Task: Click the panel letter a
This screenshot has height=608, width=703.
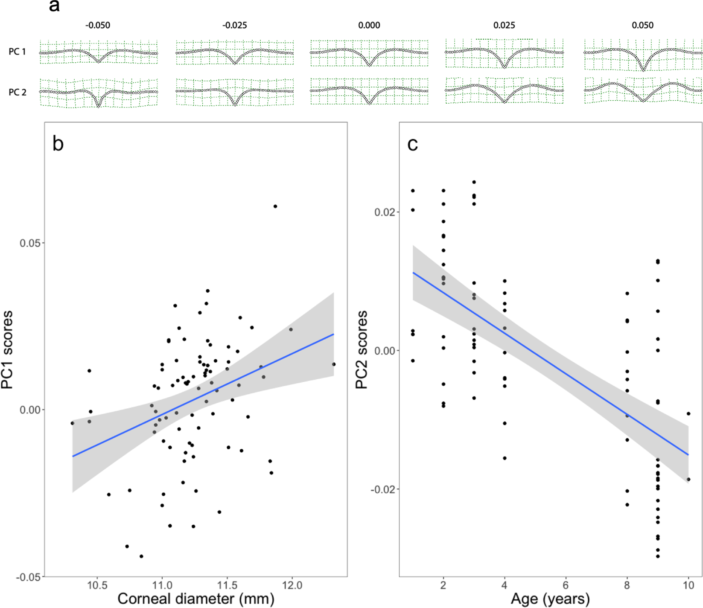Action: click(x=54, y=6)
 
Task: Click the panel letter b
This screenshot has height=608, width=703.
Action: click(x=58, y=144)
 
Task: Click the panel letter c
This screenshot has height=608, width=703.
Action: click(x=412, y=144)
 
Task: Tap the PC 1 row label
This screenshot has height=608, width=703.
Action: click(x=17, y=52)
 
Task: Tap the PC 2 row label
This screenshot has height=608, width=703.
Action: click(x=17, y=92)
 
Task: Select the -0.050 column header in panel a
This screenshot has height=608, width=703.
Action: click(x=98, y=25)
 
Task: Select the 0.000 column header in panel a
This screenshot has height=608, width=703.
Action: click(x=369, y=25)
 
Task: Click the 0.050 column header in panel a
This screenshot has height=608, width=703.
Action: click(x=642, y=25)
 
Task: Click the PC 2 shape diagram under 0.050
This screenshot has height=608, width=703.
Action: click(x=643, y=91)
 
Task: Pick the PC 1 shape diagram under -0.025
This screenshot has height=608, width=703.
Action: click(x=235, y=52)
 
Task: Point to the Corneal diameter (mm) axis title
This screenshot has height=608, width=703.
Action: click(x=196, y=599)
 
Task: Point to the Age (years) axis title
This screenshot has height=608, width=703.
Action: click(x=550, y=599)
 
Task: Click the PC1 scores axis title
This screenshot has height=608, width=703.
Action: click(x=7, y=349)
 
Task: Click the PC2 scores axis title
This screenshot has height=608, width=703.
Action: click(x=362, y=349)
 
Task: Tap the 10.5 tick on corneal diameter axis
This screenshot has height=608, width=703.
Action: click(x=97, y=585)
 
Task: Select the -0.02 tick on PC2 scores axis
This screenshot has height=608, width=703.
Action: click(x=382, y=489)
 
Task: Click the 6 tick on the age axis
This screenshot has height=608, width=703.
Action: click(x=566, y=585)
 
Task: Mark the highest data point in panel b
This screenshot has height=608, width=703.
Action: click(x=275, y=207)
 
